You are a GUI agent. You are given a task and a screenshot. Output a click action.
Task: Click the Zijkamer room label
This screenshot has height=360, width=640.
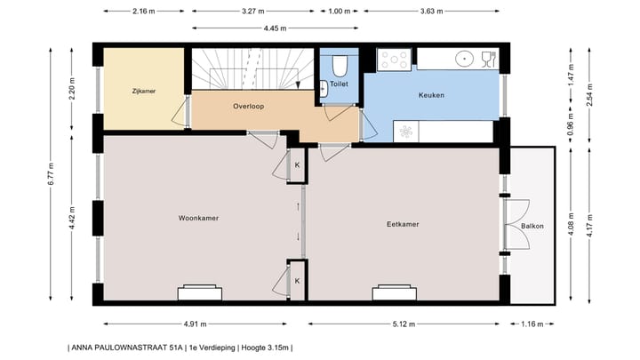coord(144,91)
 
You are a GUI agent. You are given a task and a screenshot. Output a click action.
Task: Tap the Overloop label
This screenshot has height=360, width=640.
coord(249,106)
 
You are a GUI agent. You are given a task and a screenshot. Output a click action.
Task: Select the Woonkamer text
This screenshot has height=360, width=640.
coord(198,218)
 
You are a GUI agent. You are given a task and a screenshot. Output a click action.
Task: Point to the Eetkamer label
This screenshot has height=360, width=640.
coord(403,224)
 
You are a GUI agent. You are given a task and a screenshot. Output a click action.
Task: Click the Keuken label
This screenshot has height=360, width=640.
coord(431,95)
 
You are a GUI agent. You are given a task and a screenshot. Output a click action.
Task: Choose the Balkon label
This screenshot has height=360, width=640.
coord(532,226)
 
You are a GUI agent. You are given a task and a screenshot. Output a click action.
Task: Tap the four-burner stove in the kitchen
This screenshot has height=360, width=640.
coord(395,59)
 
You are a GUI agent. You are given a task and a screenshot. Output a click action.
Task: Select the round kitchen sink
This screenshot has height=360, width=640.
coord(466,59)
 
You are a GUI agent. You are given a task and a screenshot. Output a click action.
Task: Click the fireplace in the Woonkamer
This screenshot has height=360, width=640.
coord(200,292)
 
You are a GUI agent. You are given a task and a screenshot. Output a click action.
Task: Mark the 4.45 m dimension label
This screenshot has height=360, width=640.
coord(276,28)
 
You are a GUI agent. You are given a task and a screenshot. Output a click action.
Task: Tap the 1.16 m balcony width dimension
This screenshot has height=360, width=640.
coord(532,324)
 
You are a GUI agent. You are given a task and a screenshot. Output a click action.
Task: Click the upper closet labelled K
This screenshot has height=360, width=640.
coord(297,165)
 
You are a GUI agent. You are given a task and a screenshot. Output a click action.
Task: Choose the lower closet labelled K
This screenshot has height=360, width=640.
coord(297,280)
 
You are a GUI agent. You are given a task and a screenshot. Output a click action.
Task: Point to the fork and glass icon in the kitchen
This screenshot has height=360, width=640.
coord(486,59)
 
